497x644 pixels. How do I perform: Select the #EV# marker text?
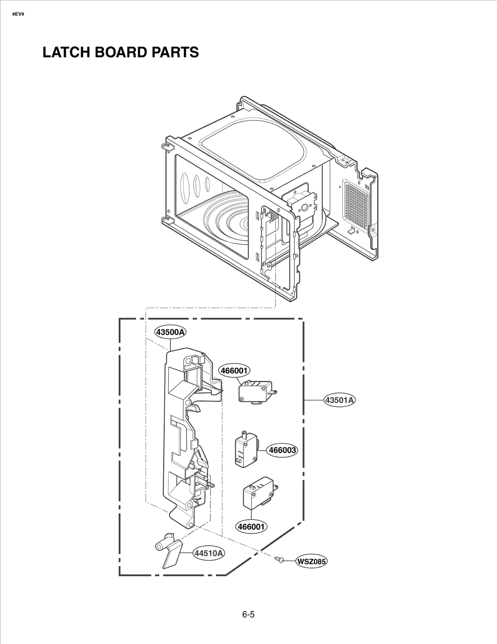[x=18, y=14]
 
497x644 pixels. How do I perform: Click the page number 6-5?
[x=248, y=614]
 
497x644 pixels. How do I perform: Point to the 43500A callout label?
[x=171, y=332]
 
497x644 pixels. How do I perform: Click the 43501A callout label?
[x=340, y=400]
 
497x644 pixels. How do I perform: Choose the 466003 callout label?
[x=282, y=450]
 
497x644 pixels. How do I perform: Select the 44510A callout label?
[x=209, y=553]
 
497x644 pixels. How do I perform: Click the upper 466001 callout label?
[x=235, y=370]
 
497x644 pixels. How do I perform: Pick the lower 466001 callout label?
[x=251, y=527]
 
